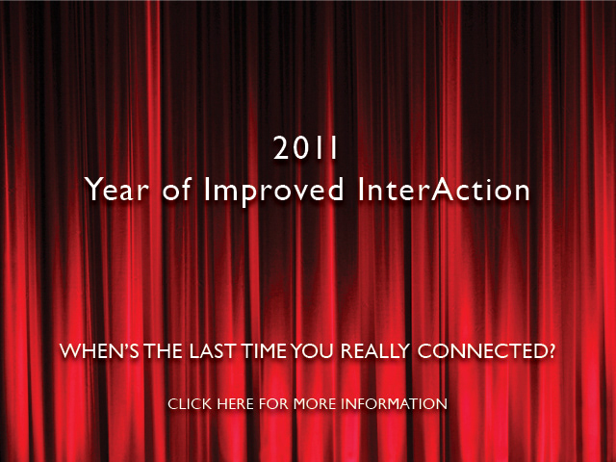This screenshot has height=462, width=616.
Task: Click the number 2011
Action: pyautogui.click(x=305, y=147)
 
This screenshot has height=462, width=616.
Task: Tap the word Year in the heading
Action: pyautogui.click(x=117, y=190)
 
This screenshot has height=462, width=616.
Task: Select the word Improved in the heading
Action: pyautogui.click(x=273, y=192)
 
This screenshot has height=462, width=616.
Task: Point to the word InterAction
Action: pyautogui.click(x=444, y=190)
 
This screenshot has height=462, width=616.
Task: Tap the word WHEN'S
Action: pyautogui.click(x=99, y=350)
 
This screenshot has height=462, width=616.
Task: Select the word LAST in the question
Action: pyautogui.click(x=212, y=350)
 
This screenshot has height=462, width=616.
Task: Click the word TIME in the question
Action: pyautogui.click(x=264, y=350)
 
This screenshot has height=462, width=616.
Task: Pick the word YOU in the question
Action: pyautogui.click(x=312, y=350)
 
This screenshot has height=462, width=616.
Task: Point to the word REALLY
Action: pyautogui.click(x=375, y=350)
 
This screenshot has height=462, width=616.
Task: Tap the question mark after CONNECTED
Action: pyautogui.click(x=550, y=350)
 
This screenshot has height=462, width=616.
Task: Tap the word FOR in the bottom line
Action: pyautogui.click(x=273, y=404)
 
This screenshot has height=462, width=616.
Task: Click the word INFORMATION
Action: pyautogui.click(x=394, y=404)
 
